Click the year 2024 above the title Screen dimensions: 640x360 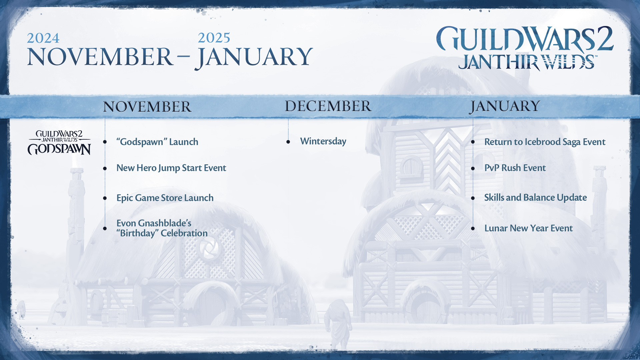click(x=43, y=38)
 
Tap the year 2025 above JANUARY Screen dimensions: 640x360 click(x=214, y=38)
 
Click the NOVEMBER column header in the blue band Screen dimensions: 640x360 click(x=147, y=107)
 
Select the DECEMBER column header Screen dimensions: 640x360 click(x=328, y=106)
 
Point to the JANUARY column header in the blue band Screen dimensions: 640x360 click(x=505, y=107)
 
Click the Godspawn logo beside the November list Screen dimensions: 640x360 click(x=59, y=143)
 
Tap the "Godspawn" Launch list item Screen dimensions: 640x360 click(x=157, y=142)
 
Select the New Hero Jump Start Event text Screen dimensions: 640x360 click(x=171, y=168)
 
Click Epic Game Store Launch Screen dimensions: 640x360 click(x=165, y=198)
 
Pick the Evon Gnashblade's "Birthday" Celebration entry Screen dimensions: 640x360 click(x=162, y=228)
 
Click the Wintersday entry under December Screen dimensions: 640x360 click(x=323, y=141)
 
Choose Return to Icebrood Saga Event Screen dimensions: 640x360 click(x=545, y=142)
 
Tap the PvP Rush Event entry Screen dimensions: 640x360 click(x=515, y=168)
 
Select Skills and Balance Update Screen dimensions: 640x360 click(x=536, y=197)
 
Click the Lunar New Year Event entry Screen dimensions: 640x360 click(x=529, y=228)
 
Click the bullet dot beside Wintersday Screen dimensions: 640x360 click(x=288, y=142)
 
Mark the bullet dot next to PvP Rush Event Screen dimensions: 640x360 click(x=473, y=169)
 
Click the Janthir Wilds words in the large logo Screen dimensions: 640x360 click(x=527, y=62)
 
